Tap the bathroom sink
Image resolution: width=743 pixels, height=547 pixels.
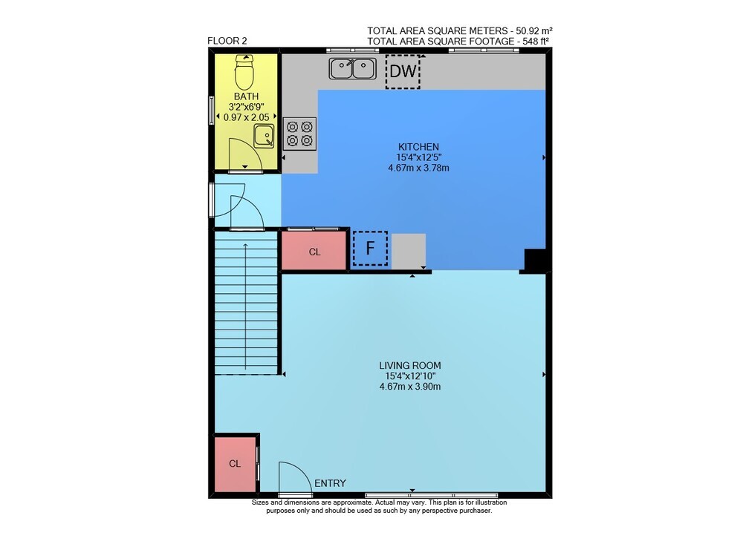point(264,137)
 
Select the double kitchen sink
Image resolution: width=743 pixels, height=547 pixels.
point(352,68)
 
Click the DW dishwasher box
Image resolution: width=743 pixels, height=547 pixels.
point(403,71)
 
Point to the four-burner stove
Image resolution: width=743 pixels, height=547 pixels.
point(300,134)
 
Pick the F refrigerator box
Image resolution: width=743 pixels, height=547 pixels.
point(370,248)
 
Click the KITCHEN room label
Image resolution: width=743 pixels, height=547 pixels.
point(418,147)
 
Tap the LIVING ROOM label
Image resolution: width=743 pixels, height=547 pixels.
point(410,365)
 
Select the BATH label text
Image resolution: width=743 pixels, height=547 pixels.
point(247,96)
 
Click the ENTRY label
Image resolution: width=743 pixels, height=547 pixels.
point(331,483)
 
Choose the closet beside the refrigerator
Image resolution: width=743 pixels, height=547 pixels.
point(314,251)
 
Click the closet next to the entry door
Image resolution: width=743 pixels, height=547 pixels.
point(235,464)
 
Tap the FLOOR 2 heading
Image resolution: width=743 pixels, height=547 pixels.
point(227,41)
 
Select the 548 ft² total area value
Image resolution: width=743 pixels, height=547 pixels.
point(536,41)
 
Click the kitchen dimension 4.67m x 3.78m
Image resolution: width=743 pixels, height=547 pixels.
point(418,168)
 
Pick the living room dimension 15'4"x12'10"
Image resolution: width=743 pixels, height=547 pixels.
point(410,376)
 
